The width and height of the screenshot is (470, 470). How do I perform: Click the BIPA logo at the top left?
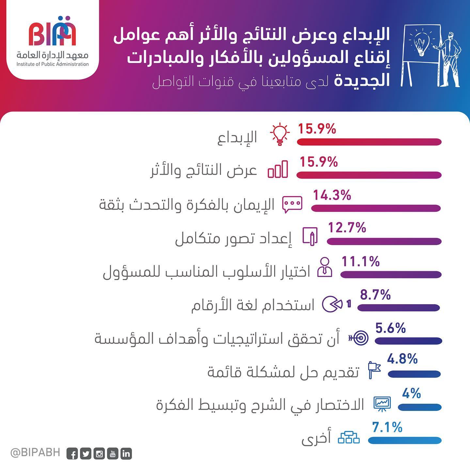52,32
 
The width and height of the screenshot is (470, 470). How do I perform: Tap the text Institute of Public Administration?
53,64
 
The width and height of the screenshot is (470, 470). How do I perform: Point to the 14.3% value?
332,196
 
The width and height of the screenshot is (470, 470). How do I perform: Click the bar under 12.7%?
384,242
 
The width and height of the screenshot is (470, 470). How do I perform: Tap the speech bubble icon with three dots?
292,204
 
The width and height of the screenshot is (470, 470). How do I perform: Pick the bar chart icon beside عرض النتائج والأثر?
278,169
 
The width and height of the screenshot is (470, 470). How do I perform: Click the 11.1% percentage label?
360,261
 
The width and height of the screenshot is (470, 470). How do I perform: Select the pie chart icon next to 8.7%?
332,304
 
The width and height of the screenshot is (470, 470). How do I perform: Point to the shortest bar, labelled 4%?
420,407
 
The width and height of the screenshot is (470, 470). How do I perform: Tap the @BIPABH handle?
35,452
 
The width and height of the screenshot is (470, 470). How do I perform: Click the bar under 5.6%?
408,341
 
